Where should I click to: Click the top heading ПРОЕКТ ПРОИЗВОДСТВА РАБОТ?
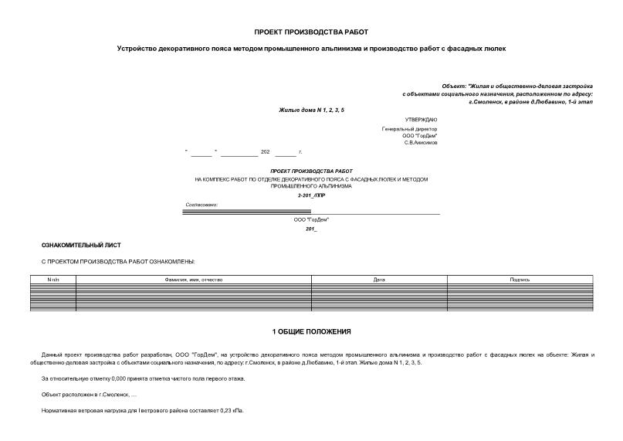311,32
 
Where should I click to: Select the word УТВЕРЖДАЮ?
421,120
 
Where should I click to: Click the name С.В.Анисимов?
421,143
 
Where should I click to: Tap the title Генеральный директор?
409,129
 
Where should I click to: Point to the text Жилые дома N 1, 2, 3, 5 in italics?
311,110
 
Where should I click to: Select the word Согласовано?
201,205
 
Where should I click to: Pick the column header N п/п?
52,279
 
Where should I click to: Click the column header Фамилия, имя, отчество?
193,279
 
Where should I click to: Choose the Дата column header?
378,279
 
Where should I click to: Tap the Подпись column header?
520,279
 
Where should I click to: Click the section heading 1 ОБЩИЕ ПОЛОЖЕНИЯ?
311,331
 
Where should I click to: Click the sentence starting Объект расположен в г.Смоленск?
90,395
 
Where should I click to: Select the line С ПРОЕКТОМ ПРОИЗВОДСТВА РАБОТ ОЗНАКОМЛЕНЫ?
117,262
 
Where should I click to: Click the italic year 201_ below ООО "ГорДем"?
311,229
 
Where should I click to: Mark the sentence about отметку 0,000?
143,378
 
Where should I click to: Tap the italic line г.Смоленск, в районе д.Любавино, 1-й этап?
530,102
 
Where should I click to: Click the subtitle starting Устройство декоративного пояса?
311,48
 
